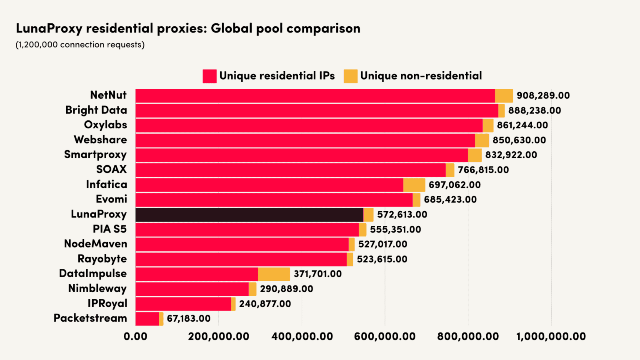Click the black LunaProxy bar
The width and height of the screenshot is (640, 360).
tap(249, 215)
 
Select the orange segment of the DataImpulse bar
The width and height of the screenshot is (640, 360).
tap(274, 274)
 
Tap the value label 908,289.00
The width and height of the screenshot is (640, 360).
tap(543, 95)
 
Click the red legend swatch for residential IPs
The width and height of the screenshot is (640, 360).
tap(210, 76)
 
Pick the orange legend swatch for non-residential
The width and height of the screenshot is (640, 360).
tap(350, 76)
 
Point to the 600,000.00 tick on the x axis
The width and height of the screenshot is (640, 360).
tap(385, 336)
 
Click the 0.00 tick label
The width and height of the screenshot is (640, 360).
tap(135, 336)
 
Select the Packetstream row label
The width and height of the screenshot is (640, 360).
tap(90, 318)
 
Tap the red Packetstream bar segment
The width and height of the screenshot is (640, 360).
tap(147, 319)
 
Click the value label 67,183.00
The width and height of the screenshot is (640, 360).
tap(188, 319)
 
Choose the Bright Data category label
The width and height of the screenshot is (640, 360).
tap(96, 110)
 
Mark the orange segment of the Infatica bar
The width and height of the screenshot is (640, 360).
tap(414, 185)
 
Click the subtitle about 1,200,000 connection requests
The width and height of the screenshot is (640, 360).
tap(80, 45)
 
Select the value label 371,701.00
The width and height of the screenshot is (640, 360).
tap(317, 274)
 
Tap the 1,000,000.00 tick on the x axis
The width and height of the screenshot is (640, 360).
tap(551, 336)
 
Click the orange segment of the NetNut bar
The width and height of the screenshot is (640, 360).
tap(504, 96)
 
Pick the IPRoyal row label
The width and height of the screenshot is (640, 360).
tap(107, 303)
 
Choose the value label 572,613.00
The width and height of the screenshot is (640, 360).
tap(402, 215)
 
